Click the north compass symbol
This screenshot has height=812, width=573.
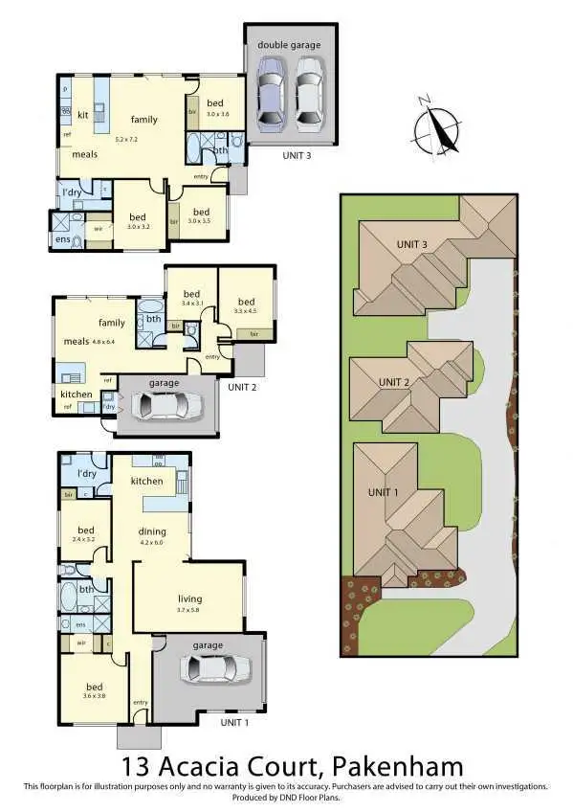coord(438,124)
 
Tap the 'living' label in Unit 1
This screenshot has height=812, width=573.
coord(189,598)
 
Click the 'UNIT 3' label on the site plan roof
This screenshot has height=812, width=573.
coord(411,243)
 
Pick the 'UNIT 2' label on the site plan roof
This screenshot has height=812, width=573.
coord(395,382)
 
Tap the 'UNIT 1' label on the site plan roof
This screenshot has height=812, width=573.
coord(385,492)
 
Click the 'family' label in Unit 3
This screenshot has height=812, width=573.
coord(144,120)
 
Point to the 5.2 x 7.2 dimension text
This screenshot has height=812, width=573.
coord(127,139)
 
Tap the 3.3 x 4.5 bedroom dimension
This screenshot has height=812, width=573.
coord(246,310)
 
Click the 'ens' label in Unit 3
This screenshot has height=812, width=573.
coord(63,237)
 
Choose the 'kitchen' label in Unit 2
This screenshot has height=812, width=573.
coord(77,394)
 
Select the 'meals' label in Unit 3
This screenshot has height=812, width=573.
coord(84,154)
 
